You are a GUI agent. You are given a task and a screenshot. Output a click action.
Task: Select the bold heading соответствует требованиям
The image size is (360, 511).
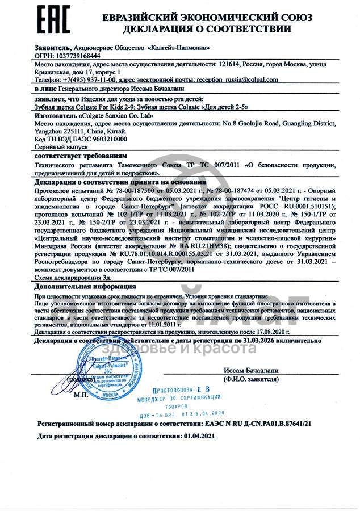coord(81,155)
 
